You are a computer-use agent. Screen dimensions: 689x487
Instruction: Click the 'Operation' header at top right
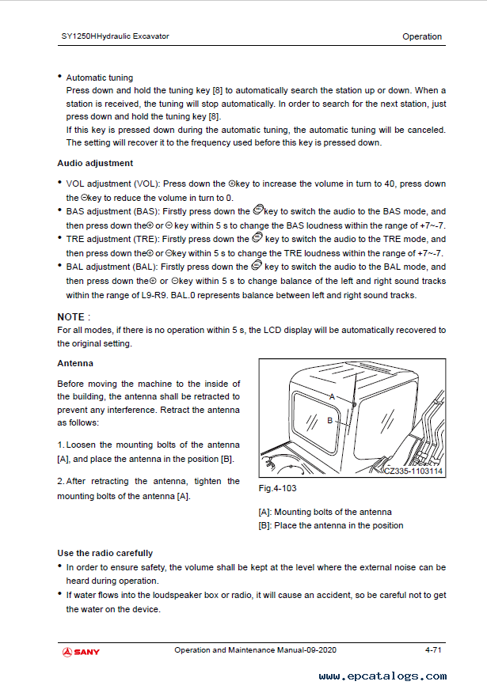422,36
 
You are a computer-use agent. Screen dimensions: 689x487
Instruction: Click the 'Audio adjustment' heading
95,163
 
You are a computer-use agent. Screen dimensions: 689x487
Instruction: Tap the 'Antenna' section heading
75,363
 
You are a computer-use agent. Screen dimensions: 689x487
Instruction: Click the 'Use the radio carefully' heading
105,553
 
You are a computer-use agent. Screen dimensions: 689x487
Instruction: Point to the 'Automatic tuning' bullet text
99,78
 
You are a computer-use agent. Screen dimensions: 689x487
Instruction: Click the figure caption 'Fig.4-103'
277,488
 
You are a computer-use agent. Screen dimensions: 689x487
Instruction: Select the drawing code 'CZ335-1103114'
413,471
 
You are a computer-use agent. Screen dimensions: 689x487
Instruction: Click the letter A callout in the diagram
333,395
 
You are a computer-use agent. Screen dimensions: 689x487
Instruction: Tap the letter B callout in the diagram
329,421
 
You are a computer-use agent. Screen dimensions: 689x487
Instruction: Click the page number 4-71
432,651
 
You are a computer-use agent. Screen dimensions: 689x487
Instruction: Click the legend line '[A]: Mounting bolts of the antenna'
325,512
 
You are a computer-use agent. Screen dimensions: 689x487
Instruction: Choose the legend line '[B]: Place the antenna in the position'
330,525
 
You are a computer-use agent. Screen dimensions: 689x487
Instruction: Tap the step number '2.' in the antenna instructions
60,481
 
